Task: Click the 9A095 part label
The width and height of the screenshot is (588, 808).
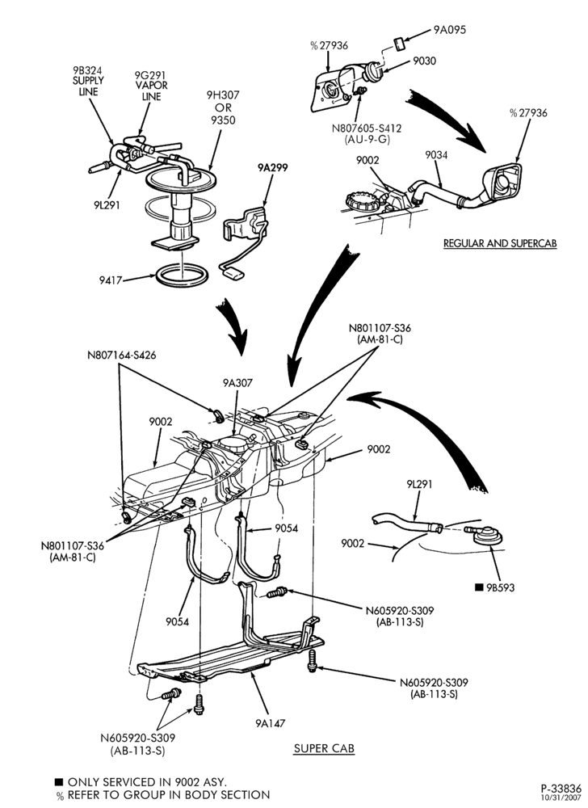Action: [449, 30]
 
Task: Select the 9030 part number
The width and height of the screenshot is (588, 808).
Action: [424, 61]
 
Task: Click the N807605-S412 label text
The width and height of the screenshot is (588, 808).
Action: [367, 128]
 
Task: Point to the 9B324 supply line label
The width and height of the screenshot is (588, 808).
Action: [88, 81]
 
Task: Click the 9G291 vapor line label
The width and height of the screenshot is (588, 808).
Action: [151, 86]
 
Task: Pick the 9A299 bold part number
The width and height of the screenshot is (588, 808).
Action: [273, 167]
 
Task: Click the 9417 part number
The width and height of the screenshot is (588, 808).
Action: [111, 280]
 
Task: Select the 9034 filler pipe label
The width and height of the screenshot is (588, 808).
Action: [436, 154]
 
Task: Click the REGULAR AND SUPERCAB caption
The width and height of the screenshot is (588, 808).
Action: [500, 242]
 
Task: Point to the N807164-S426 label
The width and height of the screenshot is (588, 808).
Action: [121, 355]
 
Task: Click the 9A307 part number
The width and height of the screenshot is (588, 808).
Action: [237, 383]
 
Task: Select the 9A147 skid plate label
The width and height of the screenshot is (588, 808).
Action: [270, 723]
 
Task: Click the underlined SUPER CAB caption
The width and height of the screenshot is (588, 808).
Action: [324, 747]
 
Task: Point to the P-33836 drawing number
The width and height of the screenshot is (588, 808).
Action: [561, 789]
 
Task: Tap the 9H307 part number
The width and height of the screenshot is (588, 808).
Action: [223, 95]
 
